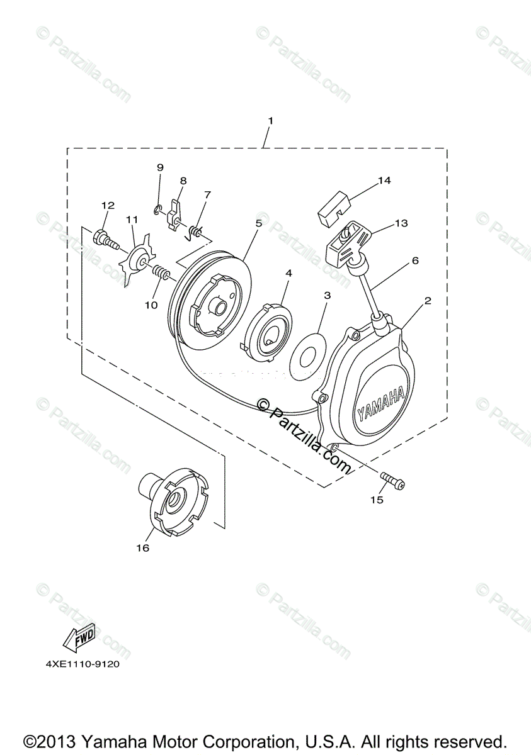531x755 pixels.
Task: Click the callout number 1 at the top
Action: tap(270, 120)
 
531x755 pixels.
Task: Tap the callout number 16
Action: tap(142, 548)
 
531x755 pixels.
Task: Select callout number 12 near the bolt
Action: tap(108, 205)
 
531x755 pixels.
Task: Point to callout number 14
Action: tap(384, 181)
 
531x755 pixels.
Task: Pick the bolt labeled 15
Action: tap(392, 480)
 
